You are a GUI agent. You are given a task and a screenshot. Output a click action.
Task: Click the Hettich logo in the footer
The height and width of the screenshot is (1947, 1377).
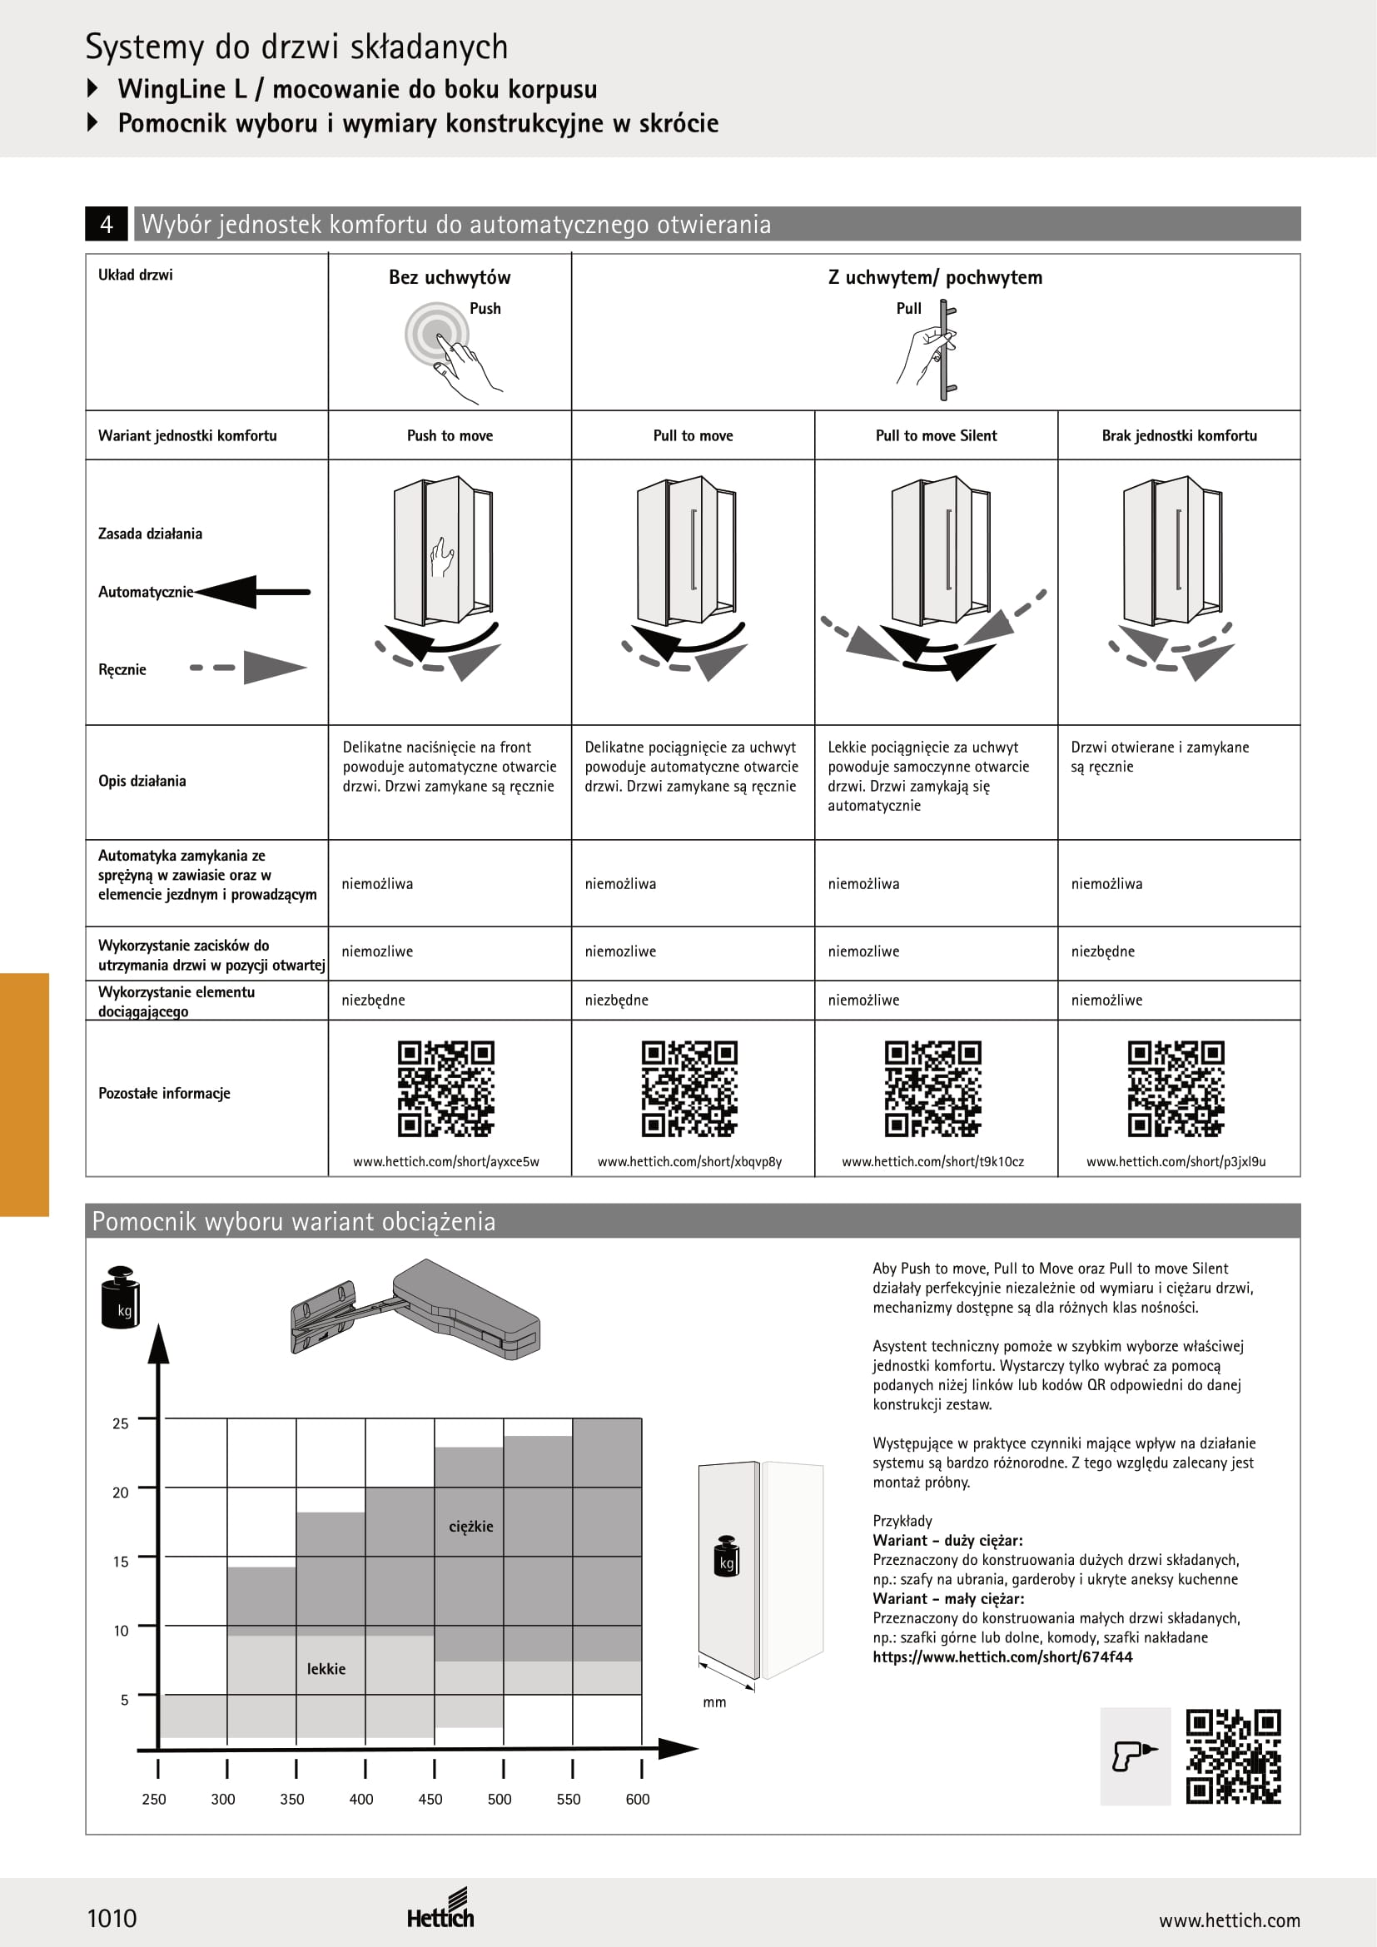click(x=440, y=1910)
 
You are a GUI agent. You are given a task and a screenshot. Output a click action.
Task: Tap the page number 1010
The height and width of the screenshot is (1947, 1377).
click(x=112, y=1918)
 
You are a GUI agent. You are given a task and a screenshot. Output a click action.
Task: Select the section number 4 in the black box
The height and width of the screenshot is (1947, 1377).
click(x=107, y=224)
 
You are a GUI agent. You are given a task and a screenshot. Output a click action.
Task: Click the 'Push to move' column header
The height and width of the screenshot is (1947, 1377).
click(x=450, y=436)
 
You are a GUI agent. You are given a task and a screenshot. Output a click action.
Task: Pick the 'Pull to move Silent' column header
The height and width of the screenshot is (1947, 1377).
click(x=936, y=436)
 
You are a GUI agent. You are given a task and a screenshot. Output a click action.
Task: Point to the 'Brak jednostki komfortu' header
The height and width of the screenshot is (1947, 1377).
click(x=1179, y=436)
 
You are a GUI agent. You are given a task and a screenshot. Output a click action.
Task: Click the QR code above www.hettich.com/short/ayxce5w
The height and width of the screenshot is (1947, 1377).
click(x=446, y=1089)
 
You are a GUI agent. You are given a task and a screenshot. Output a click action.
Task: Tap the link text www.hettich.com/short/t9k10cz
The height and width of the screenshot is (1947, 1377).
click(x=932, y=1162)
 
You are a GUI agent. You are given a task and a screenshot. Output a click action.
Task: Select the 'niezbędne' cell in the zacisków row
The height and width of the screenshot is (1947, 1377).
click(x=1102, y=951)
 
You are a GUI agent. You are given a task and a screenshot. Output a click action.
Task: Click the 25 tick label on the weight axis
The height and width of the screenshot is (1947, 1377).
click(x=121, y=1423)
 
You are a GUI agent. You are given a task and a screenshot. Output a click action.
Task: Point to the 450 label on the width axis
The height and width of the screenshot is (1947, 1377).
click(x=430, y=1800)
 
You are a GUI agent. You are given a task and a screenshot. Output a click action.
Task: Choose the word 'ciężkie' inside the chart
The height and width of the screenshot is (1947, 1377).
click(x=470, y=1527)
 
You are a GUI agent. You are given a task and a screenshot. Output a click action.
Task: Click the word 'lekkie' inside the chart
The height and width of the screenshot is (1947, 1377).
click(x=326, y=1669)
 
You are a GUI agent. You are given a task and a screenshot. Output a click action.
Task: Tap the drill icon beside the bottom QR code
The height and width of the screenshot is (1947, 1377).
click(x=1135, y=1756)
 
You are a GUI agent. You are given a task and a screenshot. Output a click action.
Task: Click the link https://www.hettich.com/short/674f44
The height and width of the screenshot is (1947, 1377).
click(x=1002, y=1657)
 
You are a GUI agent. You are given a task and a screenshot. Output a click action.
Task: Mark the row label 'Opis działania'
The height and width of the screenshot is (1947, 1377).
click(x=142, y=781)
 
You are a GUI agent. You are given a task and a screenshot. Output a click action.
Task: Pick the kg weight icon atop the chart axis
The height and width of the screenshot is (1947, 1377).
click(x=122, y=1297)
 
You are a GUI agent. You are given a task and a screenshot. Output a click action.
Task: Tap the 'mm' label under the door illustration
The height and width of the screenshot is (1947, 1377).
click(x=715, y=1702)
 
